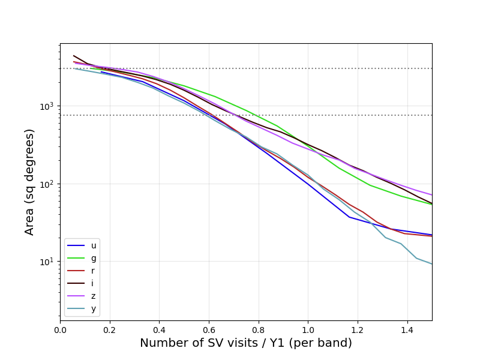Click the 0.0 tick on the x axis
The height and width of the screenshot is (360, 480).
click(60, 329)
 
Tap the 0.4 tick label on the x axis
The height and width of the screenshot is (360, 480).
click(159, 329)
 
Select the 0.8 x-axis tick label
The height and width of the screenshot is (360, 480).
click(259, 329)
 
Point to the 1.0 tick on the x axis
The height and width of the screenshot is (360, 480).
click(308, 329)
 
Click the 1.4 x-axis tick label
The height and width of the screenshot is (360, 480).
click(407, 329)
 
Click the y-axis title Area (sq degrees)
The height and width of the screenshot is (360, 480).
click(30, 182)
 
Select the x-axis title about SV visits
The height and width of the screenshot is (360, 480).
click(246, 343)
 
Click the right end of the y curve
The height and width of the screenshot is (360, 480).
click(431, 264)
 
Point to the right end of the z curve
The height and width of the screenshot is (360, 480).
click(431, 195)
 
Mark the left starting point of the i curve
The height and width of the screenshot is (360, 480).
click(74, 56)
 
